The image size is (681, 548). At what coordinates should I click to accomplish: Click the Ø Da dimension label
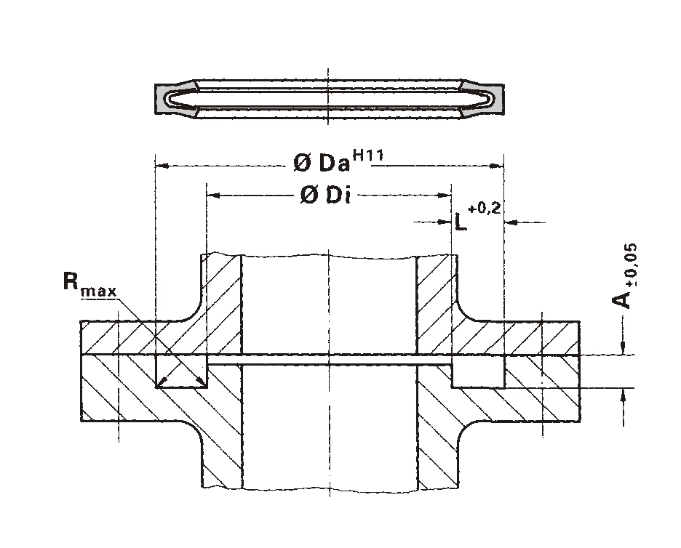322,163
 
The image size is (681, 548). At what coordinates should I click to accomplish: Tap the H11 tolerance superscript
368,155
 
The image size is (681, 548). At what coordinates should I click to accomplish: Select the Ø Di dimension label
325,196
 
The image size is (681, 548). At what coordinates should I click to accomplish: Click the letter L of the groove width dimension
461,222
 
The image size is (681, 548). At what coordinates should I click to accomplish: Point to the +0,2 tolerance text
485,209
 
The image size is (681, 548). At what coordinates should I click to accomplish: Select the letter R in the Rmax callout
71,281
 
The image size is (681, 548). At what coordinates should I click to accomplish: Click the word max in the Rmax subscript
99,291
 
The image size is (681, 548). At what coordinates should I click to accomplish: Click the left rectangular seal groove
181,371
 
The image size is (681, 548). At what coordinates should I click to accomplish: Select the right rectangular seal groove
478,371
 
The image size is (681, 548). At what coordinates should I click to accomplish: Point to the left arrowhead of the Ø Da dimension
162,166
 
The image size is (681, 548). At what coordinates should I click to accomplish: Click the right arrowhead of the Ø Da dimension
497,166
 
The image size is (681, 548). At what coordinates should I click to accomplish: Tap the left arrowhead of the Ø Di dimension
213,196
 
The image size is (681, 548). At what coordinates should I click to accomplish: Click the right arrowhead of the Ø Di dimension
445,196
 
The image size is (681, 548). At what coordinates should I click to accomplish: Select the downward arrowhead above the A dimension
624,347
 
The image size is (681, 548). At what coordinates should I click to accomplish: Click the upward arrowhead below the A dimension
624,395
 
